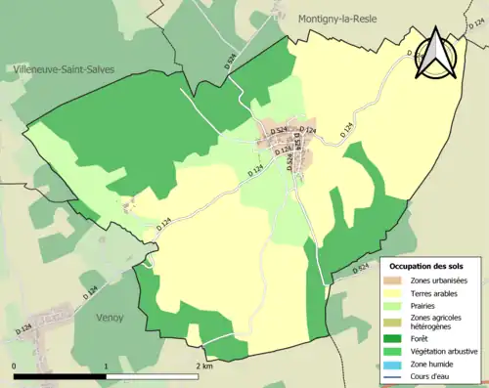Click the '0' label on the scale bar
click(x=15, y=366)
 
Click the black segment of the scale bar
click(x=60, y=375)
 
